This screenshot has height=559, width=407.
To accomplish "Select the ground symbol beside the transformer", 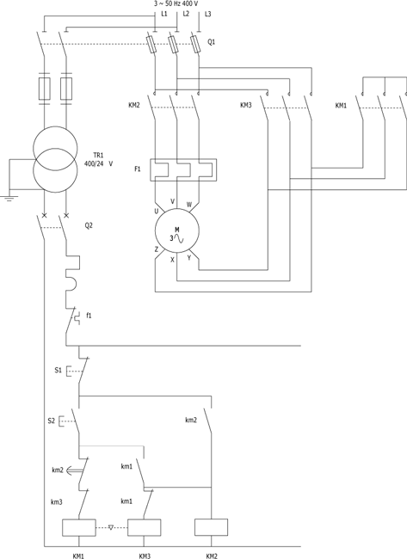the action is (x=9, y=198).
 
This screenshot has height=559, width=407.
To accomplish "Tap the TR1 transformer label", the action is (x=98, y=156).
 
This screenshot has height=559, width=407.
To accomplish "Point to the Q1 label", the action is (x=212, y=42).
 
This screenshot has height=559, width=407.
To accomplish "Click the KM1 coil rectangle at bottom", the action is (x=79, y=527).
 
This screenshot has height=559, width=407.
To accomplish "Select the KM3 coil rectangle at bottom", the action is (x=144, y=527).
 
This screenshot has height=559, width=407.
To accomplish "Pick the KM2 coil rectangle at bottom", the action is (x=211, y=527).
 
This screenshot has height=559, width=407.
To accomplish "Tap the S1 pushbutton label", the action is (x=59, y=371).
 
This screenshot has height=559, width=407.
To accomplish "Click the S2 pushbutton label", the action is (x=52, y=421).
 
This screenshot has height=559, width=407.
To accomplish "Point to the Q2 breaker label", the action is (x=89, y=225).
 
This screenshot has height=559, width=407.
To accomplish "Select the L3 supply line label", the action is (x=207, y=15).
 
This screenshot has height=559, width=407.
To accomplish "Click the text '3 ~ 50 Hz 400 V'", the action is (x=176, y=4).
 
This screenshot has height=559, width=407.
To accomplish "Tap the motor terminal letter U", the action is (x=157, y=212).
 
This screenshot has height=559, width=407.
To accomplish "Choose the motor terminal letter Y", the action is (x=189, y=257).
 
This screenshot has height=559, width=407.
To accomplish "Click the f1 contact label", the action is (x=89, y=315).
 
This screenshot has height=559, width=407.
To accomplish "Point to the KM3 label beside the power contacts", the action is (x=246, y=105).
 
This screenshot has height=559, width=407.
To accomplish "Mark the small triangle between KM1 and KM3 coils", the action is (x=111, y=527).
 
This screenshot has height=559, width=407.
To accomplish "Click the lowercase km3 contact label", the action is (x=57, y=501).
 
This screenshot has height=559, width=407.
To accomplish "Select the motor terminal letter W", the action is (x=189, y=205).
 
